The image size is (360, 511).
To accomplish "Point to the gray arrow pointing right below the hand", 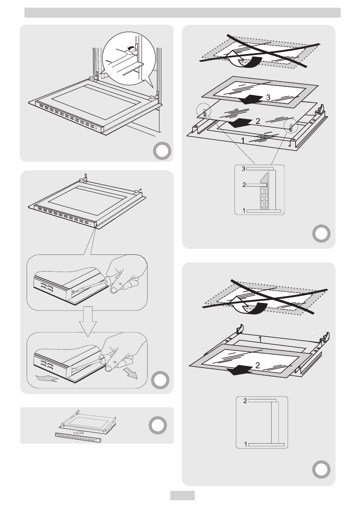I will tap(132, 373).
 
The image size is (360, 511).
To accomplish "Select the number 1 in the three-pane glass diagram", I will tap(243, 140).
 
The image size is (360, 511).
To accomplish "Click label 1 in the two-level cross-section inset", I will tap(246, 445).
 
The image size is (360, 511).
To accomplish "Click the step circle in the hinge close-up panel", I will tap(163, 151).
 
